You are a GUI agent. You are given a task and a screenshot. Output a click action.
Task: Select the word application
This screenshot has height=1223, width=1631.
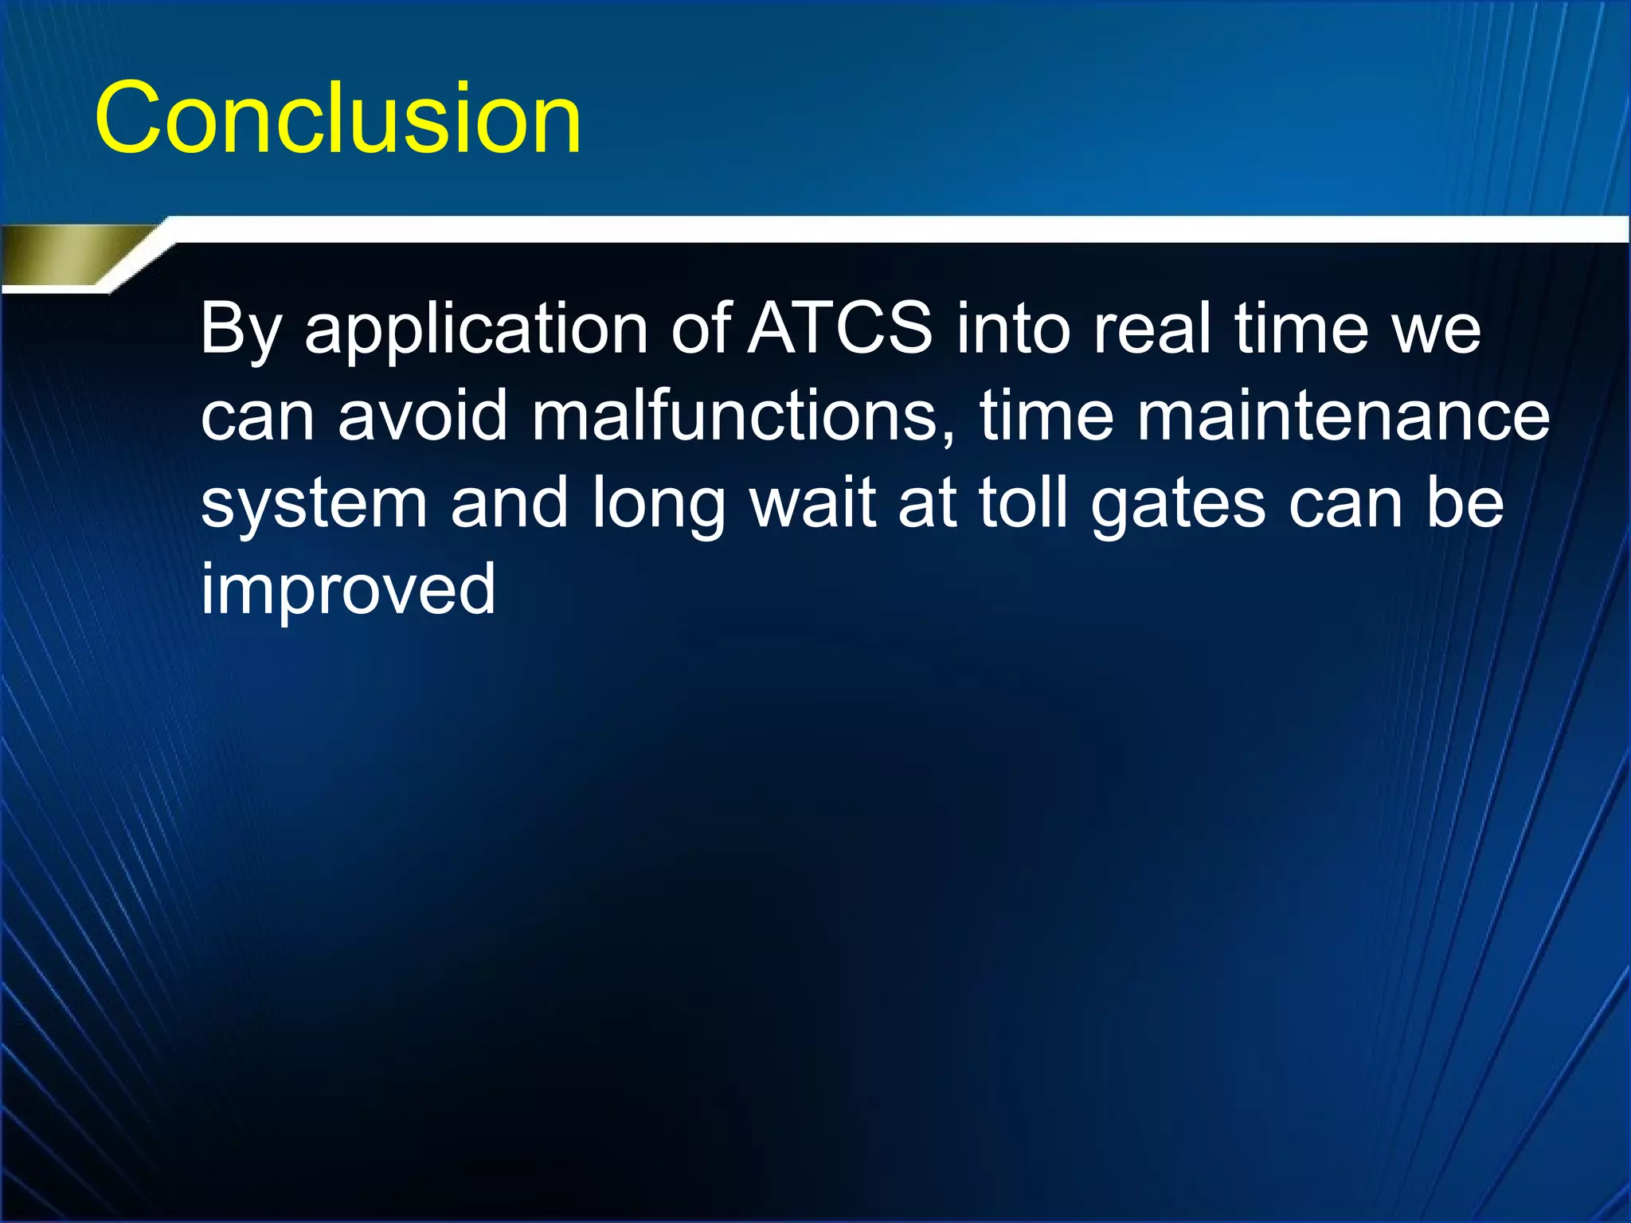[475, 331]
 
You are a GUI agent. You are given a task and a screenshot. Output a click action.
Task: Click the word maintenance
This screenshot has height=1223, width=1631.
[1343, 416]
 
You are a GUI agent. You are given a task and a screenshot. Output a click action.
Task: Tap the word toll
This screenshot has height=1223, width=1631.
[1023, 502]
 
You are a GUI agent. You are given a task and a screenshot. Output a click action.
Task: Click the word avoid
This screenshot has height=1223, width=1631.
[423, 416]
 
